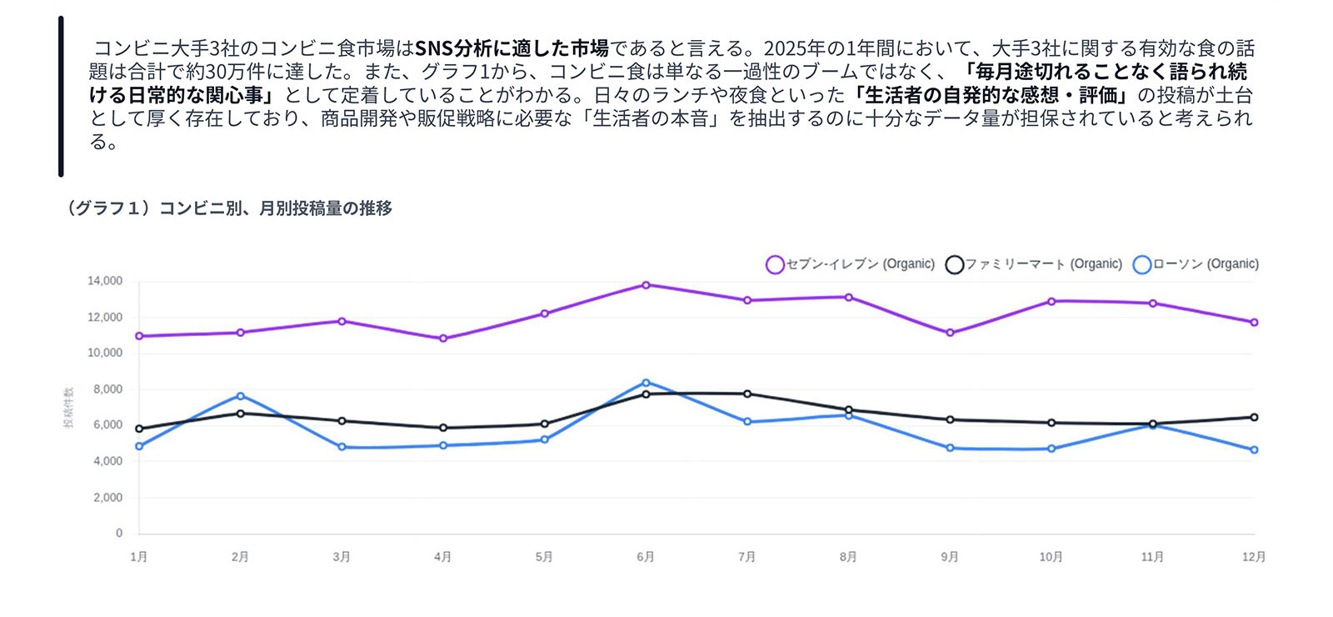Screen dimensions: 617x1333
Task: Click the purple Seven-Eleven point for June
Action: pos(646,285)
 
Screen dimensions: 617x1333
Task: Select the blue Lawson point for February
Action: pos(240,396)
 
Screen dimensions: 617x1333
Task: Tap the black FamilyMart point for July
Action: pos(747,394)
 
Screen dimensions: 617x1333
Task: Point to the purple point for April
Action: pos(443,339)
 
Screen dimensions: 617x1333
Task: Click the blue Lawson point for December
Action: pos(1254,450)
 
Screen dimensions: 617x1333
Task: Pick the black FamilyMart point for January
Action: pos(139,429)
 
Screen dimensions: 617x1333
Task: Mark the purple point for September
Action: pos(950,333)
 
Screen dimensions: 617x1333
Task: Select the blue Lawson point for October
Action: pos(1051,449)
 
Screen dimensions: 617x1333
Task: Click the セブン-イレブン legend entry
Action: pos(850,264)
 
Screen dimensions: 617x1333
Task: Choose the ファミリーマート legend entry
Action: pos(1033,264)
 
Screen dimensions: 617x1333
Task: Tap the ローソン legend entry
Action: pos(1196,264)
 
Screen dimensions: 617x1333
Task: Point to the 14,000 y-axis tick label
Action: pos(105,281)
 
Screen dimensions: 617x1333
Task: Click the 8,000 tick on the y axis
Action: pos(108,389)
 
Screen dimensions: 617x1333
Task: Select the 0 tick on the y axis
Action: pos(119,533)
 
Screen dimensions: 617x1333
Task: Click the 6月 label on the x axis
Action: pos(646,557)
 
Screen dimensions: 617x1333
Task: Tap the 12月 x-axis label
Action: pos(1253,557)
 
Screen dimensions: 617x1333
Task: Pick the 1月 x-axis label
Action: pos(139,557)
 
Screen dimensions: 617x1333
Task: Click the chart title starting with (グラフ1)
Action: pos(227,208)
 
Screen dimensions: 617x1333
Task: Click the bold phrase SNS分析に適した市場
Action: pos(512,48)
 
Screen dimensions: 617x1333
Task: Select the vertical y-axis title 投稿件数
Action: pos(68,407)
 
